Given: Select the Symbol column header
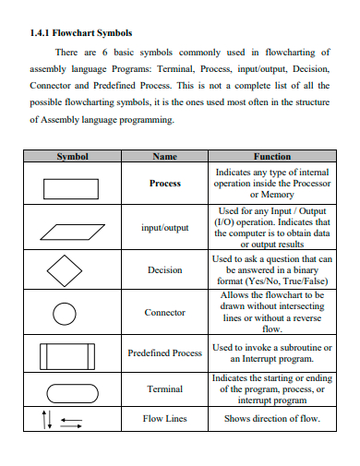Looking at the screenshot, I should click(x=72, y=157).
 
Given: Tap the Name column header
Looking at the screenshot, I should click(x=164, y=157).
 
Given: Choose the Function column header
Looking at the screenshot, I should click(x=271, y=157).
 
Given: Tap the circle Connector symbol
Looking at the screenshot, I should click(x=64, y=314).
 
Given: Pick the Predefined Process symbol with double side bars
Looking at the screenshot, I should click(x=67, y=355).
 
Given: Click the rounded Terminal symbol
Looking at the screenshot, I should click(x=67, y=390).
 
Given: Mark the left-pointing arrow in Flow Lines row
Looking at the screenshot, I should click(x=71, y=422).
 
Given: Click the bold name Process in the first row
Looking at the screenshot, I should click(x=164, y=184).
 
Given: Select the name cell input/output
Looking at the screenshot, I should click(x=164, y=227).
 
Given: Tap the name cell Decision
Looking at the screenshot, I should click(x=164, y=270).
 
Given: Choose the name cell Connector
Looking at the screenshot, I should click(x=164, y=313).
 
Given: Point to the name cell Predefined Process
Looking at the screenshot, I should click(x=164, y=352).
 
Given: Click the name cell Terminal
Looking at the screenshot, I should click(x=164, y=389).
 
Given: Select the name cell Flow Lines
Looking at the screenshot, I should click(x=164, y=419).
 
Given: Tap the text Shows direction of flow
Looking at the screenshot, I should click(x=271, y=419).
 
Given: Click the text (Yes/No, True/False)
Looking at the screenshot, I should click(x=271, y=280).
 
